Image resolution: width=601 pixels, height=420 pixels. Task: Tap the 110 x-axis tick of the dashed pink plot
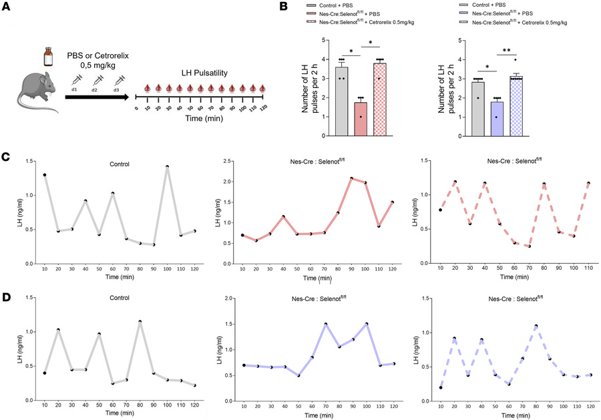pyautogui.click(x=588, y=268)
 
